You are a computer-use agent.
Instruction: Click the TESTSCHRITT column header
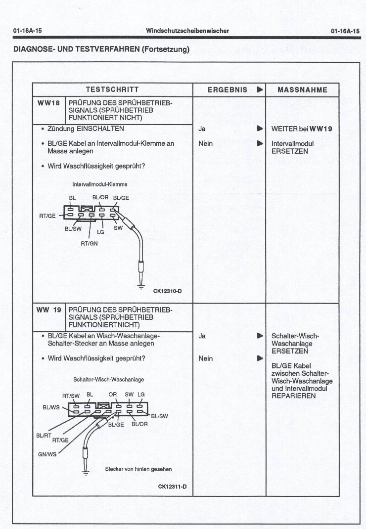tap(112, 89)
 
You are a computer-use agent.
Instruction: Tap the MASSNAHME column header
tap(302, 89)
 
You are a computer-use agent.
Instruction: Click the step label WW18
tap(48, 103)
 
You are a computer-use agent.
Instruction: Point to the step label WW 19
tap(49, 310)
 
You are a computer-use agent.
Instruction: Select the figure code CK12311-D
tap(172, 486)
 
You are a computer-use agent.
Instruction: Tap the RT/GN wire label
tap(89, 243)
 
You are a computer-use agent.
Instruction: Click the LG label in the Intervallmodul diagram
tap(100, 231)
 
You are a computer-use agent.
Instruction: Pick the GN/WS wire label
tap(47, 454)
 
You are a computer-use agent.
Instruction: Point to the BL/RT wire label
tap(44, 435)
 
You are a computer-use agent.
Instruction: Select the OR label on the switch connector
tap(112, 395)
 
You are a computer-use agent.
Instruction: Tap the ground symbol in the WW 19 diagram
tap(86, 473)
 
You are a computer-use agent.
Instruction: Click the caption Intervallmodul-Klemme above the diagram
tap(100, 184)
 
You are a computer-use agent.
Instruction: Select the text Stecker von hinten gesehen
tap(138, 469)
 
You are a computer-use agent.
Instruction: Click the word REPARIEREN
tap(293, 396)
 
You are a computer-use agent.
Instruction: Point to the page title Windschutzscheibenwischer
tap(187, 31)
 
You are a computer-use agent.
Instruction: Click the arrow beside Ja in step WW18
tap(259, 129)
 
